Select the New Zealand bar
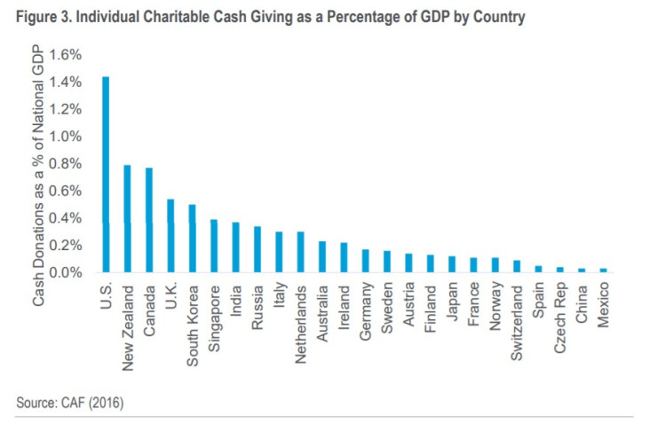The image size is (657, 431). coord(127,218)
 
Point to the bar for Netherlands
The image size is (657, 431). coord(300,252)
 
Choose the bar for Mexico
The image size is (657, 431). coord(604,270)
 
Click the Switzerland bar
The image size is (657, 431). coord(517,266)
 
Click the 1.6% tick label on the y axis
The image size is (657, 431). coord(66,55)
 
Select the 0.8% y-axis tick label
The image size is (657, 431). coord(66,164)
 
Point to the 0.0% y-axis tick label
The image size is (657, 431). coord(66,272)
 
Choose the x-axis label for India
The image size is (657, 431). coord(235,297)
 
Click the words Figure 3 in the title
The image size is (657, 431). coord(44,16)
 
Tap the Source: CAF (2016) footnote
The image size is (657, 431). coord(70,404)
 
